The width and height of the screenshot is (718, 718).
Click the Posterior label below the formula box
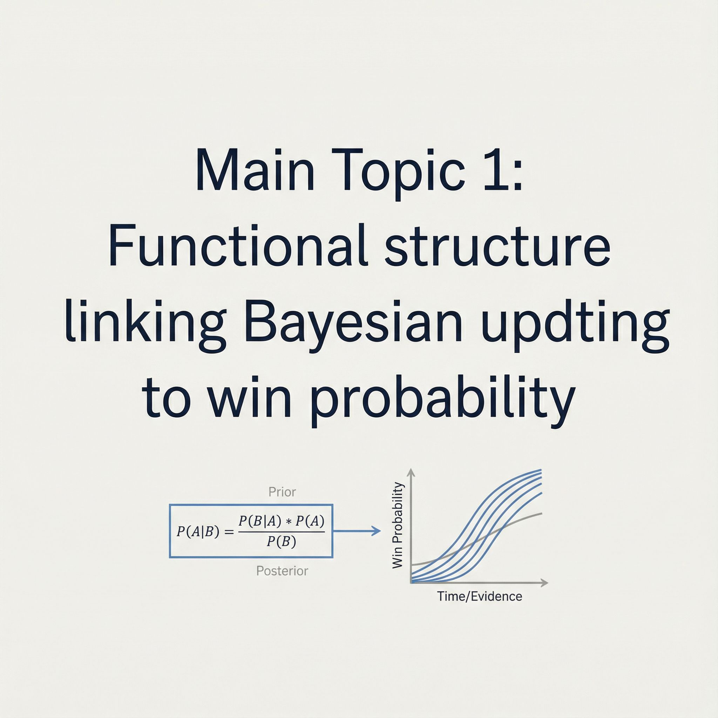point(282,570)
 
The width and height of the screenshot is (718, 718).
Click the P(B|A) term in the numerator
point(259,522)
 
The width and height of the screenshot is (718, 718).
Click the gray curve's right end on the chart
point(542,513)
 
